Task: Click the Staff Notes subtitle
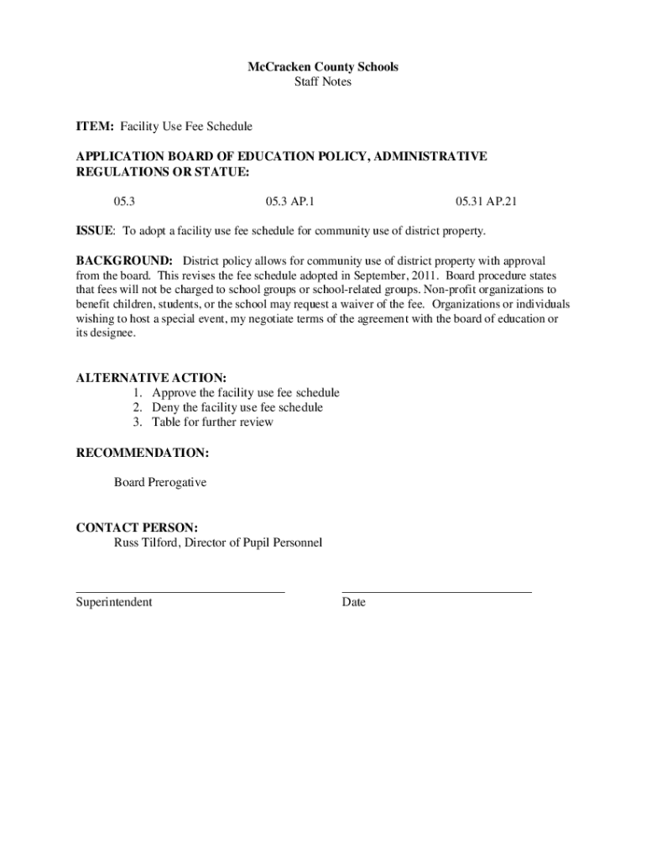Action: coord(323,82)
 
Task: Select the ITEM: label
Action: coord(96,126)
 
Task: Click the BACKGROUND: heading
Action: coord(125,260)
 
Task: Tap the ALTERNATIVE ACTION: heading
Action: coord(152,378)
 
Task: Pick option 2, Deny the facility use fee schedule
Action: coord(237,407)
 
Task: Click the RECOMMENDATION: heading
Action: coord(143,453)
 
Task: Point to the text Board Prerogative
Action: coord(160,483)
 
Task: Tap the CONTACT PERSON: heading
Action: coord(138,528)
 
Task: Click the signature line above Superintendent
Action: coord(180,592)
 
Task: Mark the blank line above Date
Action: coord(436,592)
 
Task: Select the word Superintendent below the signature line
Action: coord(114,602)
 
